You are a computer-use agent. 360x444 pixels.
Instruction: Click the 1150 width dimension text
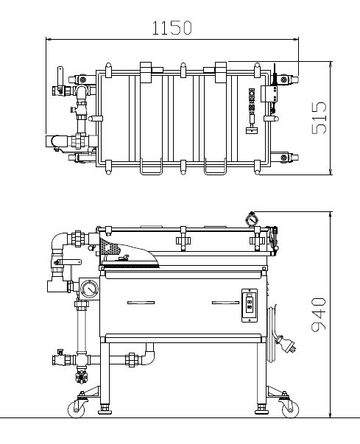point(172,27)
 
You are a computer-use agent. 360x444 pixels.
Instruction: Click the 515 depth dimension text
point(319,118)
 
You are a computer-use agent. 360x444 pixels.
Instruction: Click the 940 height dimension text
point(319,314)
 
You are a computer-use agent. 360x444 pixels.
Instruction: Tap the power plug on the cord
point(287,343)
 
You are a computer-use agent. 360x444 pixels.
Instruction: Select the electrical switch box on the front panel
point(250,306)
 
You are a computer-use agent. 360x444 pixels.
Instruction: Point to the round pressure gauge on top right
point(252,219)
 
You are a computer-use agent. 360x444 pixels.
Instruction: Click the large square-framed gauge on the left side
point(89,289)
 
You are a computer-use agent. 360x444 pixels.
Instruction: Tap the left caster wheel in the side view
point(76,409)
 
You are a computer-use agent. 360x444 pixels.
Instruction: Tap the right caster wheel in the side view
point(290,409)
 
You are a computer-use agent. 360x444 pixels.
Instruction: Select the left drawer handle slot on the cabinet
point(141,303)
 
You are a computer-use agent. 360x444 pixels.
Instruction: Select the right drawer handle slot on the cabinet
point(225,303)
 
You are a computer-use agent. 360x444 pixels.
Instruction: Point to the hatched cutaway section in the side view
point(111,247)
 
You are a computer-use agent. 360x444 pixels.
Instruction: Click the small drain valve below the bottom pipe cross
point(82,376)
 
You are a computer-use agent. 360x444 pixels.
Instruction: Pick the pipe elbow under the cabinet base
point(149,356)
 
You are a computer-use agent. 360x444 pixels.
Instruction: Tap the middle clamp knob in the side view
point(183,241)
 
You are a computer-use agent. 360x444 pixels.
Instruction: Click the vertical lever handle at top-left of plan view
point(60,77)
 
